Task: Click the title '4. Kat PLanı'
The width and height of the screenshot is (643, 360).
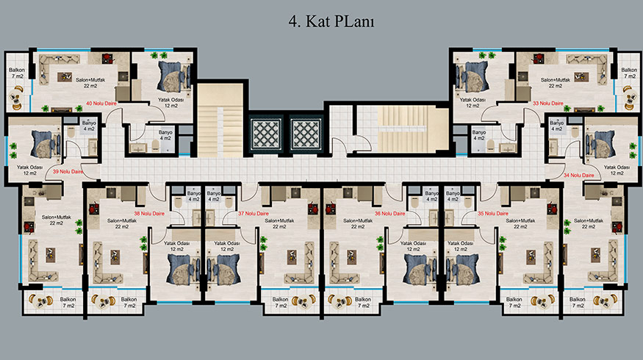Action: coord(331,21)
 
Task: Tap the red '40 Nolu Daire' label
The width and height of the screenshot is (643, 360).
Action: coord(101,104)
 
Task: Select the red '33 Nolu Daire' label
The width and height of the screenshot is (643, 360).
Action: coord(548,104)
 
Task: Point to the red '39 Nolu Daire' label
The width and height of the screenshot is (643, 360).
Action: coord(68,172)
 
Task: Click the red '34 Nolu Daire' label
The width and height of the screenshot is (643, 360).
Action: coord(578,175)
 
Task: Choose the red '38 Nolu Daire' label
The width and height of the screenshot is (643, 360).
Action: coord(149,214)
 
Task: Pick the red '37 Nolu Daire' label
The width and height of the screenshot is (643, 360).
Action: coord(254,214)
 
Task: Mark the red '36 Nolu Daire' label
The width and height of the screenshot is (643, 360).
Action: coord(389,214)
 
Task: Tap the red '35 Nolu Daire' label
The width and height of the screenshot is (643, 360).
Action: coord(493,214)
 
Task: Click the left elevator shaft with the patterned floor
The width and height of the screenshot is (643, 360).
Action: coord(266,134)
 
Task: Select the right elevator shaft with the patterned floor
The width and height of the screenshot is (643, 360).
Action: coord(306,134)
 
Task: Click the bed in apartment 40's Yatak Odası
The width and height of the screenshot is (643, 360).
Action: coord(174,76)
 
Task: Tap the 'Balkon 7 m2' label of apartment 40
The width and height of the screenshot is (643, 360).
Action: coord(17,73)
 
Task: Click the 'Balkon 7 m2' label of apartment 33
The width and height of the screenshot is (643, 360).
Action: coord(629,73)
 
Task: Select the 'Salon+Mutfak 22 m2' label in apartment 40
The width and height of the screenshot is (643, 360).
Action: coord(90,83)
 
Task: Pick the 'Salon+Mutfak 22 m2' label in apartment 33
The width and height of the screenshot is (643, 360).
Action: coord(556,83)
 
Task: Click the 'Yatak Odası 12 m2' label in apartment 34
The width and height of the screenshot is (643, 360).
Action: coord(617,170)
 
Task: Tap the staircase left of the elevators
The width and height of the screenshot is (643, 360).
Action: coord(220,120)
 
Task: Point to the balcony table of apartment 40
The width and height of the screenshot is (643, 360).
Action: coord(17,98)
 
